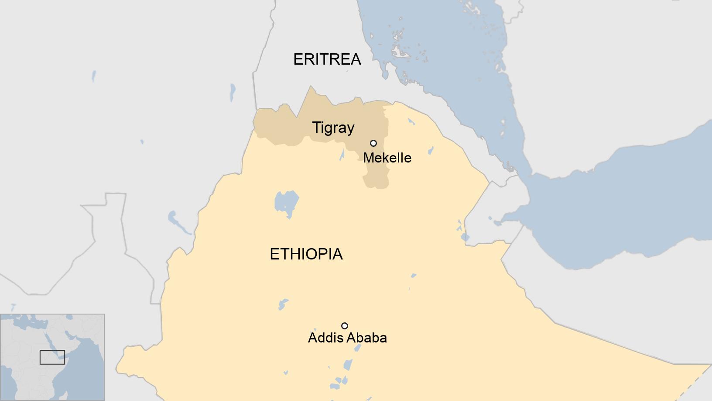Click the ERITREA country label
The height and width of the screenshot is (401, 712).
[327, 59]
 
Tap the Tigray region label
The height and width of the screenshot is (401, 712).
[333, 128]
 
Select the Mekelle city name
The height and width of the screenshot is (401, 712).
[387, 158]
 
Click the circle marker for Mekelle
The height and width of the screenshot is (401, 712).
[373, 143]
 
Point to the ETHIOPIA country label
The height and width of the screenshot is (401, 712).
[306, 254]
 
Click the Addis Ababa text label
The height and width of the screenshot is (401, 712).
[347, 338]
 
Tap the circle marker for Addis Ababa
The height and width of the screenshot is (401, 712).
[345, 326]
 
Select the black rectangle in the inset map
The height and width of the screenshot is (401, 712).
[52, 357]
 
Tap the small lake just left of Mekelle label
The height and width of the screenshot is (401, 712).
[342, 155]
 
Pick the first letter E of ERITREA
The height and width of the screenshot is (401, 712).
[298, 59]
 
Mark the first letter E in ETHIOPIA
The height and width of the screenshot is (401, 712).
[274, 254]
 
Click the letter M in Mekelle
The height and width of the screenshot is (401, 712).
[368, 158]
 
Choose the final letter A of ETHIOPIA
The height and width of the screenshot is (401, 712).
[337, 254]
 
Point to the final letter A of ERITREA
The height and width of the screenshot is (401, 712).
[356, 59]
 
